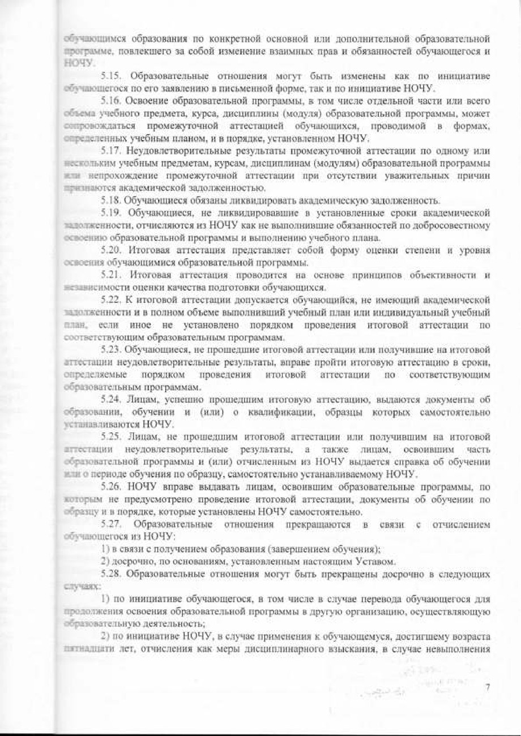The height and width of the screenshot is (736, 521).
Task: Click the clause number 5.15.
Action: pos(110,76)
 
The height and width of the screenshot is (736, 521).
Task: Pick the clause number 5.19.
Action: pos(110,213)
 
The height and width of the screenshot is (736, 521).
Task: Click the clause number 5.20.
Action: pos(110,251)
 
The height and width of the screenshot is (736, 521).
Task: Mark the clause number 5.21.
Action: pos(110,276)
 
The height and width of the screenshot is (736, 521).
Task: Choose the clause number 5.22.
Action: pos(110,300)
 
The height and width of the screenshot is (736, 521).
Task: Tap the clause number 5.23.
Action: pos(110,350)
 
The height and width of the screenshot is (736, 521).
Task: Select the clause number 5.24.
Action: pos(110,400)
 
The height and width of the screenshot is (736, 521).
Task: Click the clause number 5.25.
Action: pos(110,437)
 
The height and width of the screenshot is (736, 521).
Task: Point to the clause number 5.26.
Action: pos(110,487)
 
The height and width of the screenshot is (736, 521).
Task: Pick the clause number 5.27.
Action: pos(110,524)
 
